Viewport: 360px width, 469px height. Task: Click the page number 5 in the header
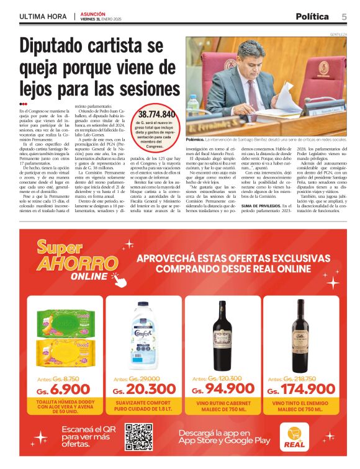click(344, 16)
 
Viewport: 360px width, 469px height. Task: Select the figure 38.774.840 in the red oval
click(157, 114)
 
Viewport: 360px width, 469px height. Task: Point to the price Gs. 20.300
click(144, 390)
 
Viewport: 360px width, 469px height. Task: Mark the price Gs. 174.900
click(300, 390)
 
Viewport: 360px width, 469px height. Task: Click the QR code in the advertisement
click(138, 436)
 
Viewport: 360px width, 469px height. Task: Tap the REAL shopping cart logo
click(294, 436)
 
